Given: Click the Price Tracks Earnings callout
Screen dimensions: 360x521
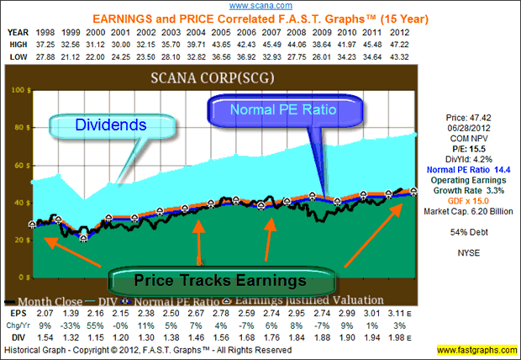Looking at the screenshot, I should [221, 277].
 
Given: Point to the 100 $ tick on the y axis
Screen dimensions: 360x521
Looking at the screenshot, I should [17, 89].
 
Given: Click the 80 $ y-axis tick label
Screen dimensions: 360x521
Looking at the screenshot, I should [19, 128].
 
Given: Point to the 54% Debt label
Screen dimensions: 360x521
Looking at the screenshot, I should [467, 230].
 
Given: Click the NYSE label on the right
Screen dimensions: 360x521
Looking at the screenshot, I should [467, 251].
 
